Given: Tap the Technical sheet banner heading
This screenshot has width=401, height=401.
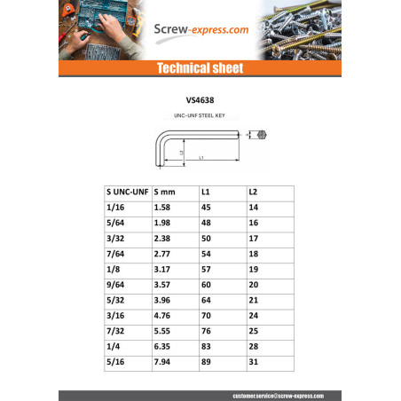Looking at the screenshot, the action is click(x=200, y=68).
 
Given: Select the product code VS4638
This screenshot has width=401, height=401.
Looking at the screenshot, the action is click(x=200, y=100).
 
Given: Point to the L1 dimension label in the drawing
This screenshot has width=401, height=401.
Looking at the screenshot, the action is click(x=201, y=158).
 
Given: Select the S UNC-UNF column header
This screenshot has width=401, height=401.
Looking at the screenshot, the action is click(x=127, y=191).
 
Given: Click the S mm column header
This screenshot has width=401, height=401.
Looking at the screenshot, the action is click(x=166, y=191).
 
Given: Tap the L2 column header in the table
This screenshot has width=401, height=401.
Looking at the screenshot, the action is click(x=253, y=191).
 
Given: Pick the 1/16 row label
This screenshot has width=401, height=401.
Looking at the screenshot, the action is click(x=116, y=207).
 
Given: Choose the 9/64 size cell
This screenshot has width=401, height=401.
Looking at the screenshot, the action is click(x=116, y=286).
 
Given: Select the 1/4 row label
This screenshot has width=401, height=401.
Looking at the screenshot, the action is click(x=114, y=348).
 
